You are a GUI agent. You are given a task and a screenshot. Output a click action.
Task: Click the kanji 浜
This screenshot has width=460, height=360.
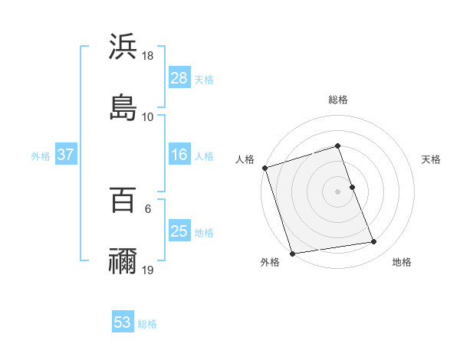pos(123,47)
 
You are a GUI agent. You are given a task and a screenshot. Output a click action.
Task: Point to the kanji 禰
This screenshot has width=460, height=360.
pos(123,261)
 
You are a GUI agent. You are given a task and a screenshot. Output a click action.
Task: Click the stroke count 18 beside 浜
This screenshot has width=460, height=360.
pos(148,56)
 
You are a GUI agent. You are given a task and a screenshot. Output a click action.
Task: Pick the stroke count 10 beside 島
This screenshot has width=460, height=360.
pos(148,116)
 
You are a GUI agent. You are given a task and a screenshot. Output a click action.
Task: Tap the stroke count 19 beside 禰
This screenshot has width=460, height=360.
pos(148,270)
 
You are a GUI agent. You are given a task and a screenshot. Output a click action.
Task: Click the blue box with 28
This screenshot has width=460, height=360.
pos(179,78)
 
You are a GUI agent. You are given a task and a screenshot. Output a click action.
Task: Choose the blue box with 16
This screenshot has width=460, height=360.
pos(179,155)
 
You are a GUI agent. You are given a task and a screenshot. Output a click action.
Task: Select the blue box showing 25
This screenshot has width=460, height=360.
pos(179,231)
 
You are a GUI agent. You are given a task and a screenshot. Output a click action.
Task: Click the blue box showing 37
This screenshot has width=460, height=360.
pos(65,155)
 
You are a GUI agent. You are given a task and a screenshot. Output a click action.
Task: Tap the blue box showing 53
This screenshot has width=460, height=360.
pos(123,322)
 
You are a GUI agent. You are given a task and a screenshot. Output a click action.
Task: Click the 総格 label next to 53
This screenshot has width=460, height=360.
pos(147,324)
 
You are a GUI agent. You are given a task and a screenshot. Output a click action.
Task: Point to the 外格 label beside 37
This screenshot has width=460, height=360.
pos(41,156)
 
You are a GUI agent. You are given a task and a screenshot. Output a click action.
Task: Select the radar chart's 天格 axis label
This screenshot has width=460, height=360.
pos(432,159)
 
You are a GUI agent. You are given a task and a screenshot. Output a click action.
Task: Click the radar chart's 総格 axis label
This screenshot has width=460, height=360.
pos(338,100)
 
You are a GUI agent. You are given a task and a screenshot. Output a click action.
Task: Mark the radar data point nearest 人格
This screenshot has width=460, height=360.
pos(264,168)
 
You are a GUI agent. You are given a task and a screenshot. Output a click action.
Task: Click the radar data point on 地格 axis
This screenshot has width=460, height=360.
pos(374,242)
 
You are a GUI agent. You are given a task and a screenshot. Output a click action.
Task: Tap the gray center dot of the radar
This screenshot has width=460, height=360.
pos(338,191)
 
